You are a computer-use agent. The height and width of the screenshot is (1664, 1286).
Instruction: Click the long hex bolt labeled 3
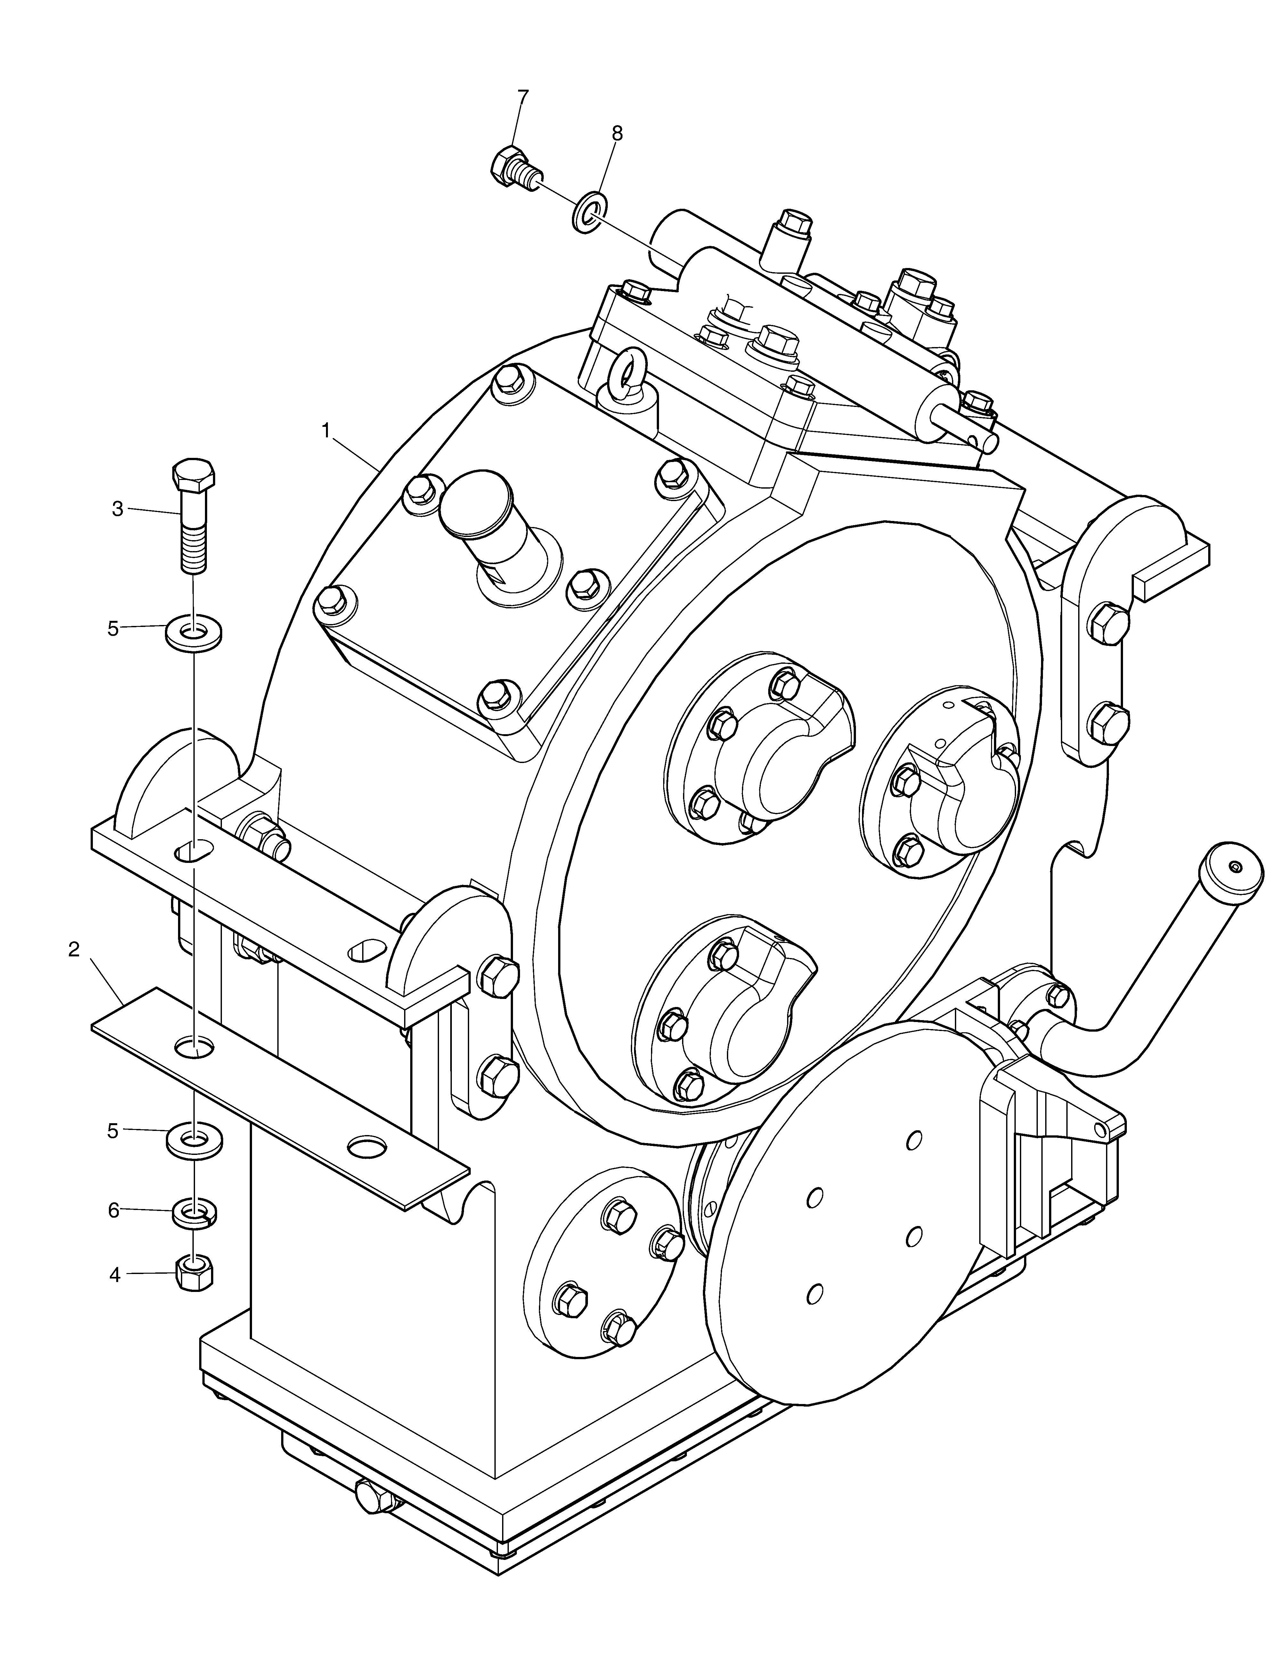(193, 516)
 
